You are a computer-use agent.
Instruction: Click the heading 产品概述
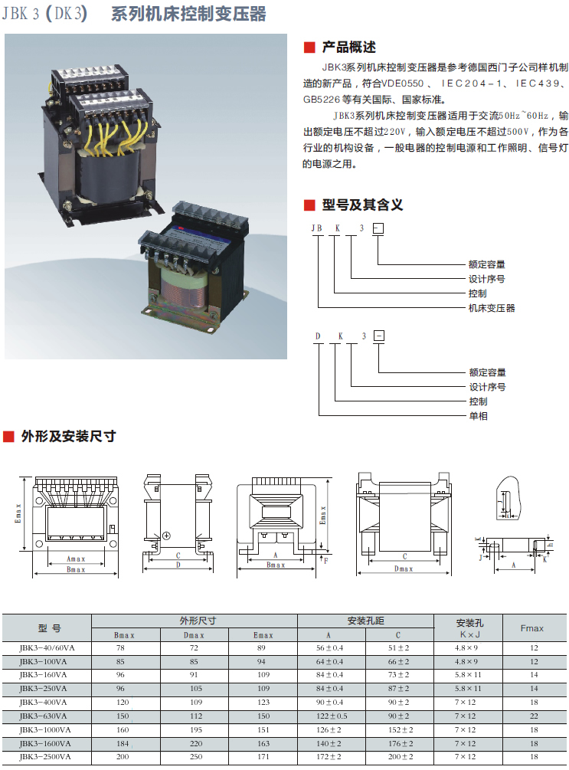(348, 48)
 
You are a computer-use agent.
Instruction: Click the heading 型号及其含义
(362, 205)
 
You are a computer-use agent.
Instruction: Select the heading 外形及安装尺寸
(68, 436)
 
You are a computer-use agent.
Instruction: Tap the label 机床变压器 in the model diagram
(492, 308)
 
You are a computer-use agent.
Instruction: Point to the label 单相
(478, 416)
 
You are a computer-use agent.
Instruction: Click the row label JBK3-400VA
(43, 703)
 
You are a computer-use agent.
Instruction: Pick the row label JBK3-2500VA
(45, 757)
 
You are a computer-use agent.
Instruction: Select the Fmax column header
(531, 628)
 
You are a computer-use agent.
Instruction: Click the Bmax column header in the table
(124, 635)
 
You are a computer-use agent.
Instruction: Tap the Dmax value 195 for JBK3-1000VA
(196, 729)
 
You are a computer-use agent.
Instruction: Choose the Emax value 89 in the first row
(261, 647)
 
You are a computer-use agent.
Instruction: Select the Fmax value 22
(534, 716)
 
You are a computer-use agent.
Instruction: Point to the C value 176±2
(401, 743)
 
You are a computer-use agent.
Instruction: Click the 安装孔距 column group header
(366, 621)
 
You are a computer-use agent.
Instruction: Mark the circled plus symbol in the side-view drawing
(166, 536)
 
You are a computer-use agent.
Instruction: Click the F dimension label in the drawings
(326, 560)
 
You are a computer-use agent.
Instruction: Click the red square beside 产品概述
(309, 48)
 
